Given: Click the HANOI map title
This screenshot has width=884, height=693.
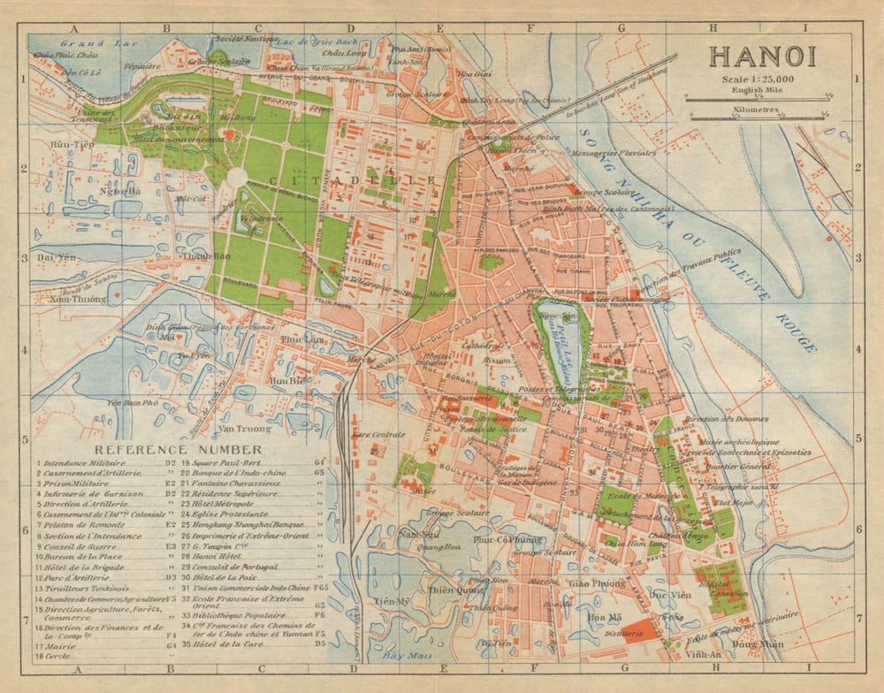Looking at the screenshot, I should pos(761,56).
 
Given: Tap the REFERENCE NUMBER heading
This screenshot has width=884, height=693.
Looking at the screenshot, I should pos(165,449).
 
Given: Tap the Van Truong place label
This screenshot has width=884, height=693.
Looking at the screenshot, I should pos(244,429).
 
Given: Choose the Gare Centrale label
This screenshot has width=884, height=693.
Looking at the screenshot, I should pos(377,435).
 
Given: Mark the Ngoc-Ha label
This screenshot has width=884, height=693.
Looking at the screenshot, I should pos(119,191).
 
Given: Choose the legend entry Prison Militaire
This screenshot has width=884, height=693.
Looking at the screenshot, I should pos(81,484).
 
